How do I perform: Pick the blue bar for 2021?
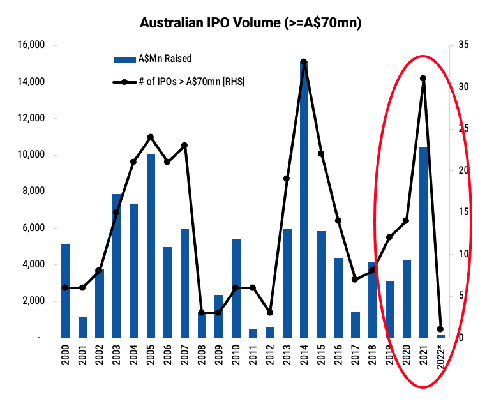423,242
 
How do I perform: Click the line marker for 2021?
423,79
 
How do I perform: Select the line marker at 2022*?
440,329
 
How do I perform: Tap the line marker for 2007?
184,146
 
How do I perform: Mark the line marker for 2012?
270,312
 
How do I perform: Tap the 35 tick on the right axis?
463,45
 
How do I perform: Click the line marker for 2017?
355,279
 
